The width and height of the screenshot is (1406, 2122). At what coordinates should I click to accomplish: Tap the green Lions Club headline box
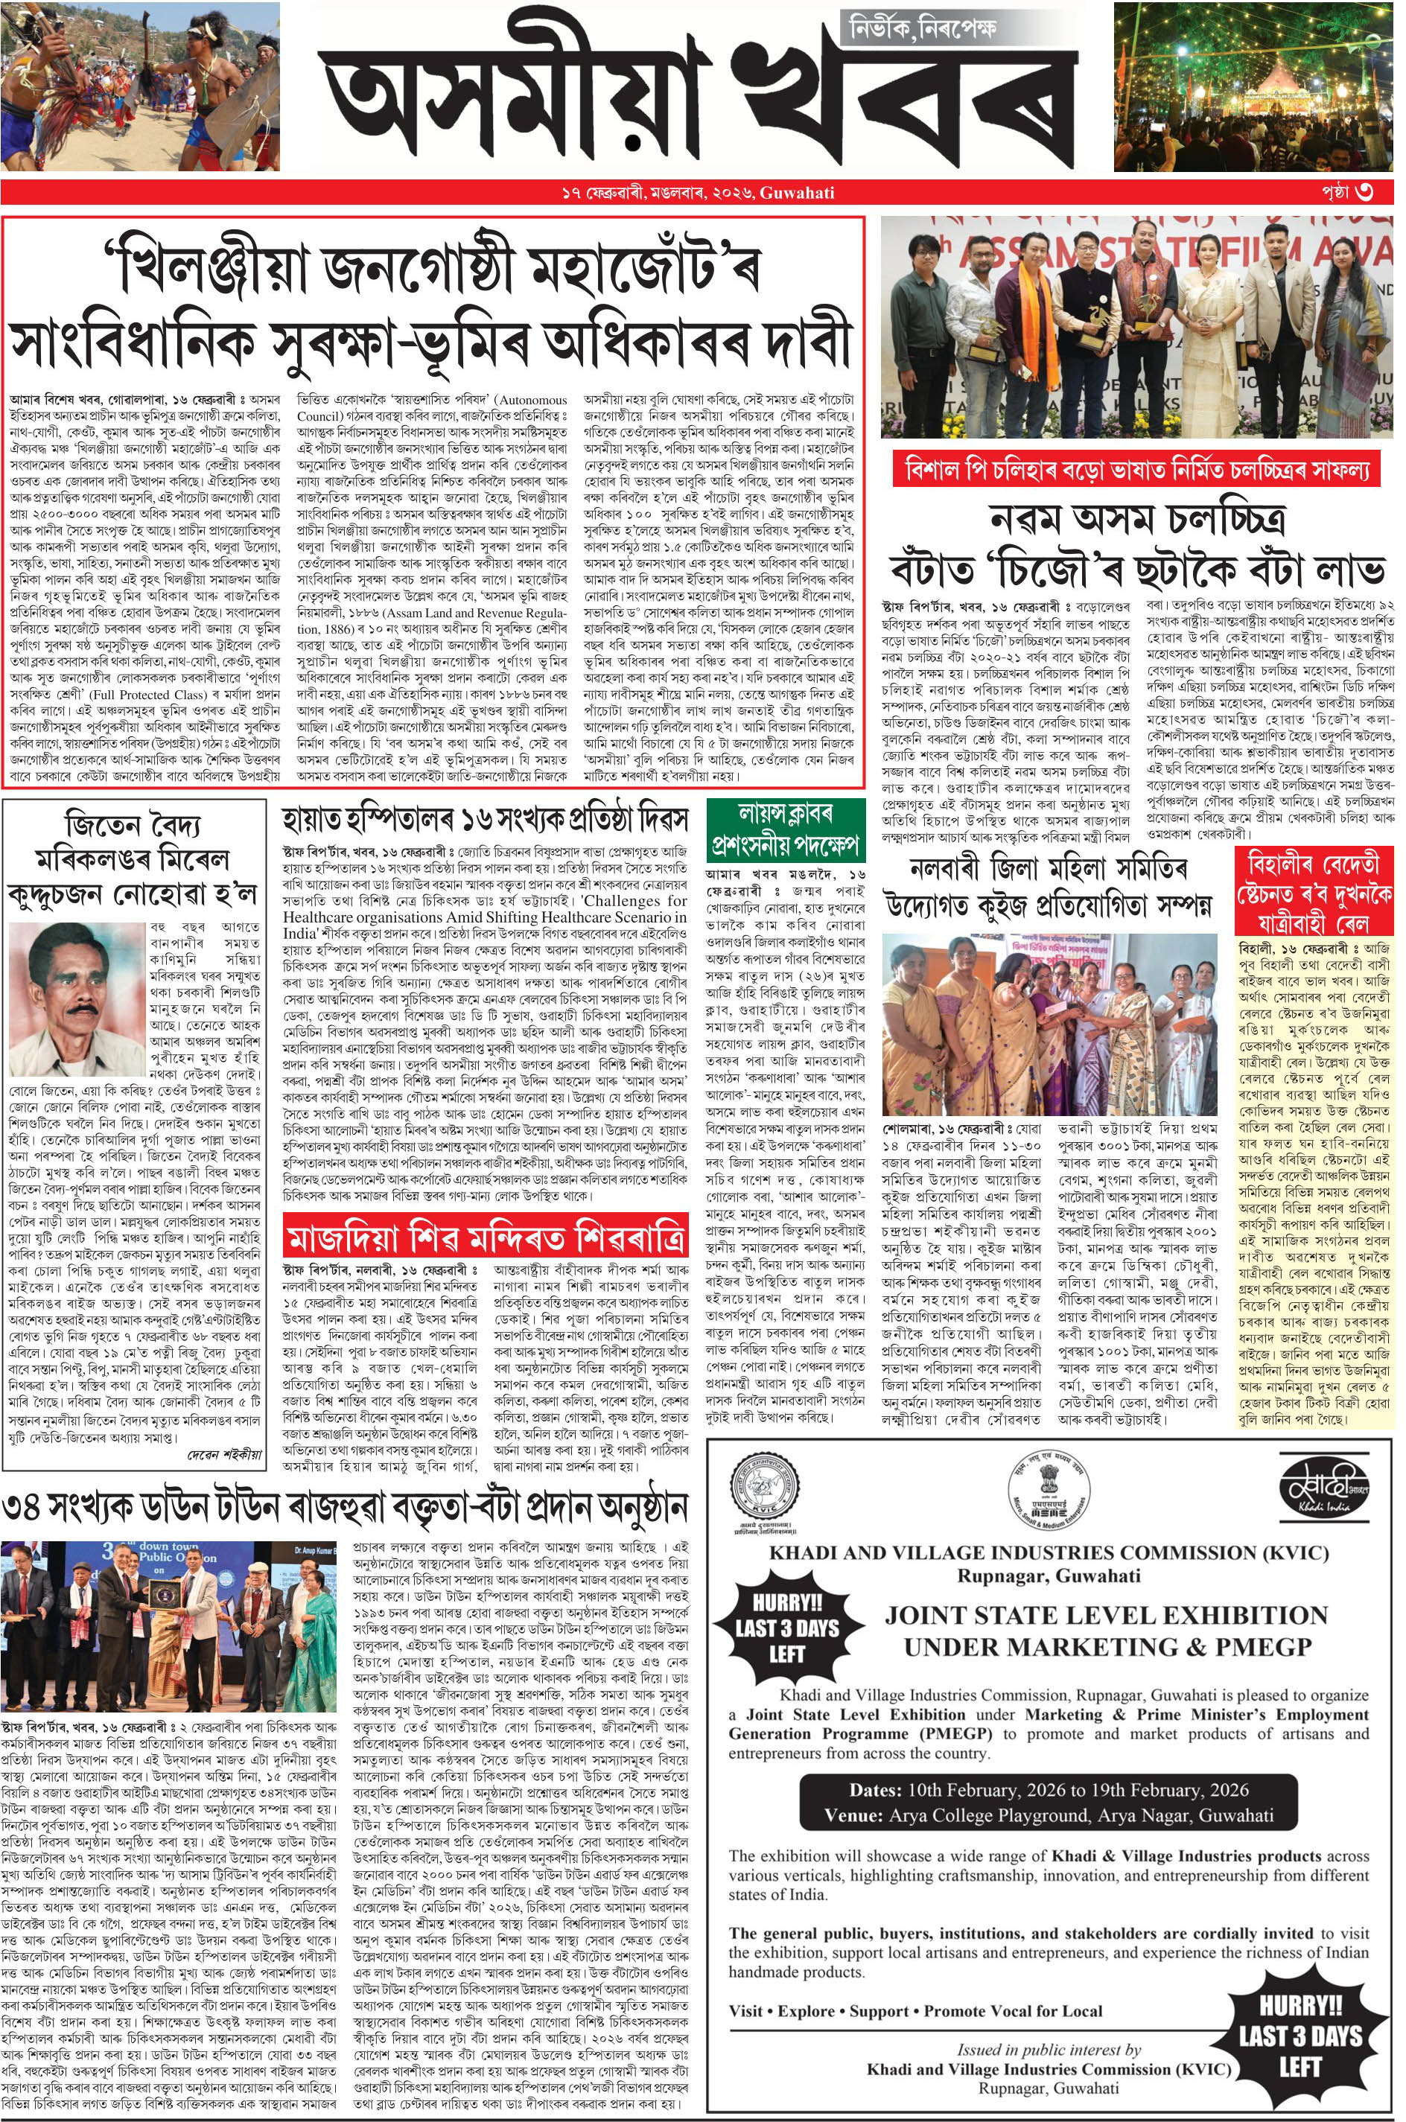(786, 830)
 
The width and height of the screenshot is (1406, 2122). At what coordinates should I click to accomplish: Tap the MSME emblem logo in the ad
(1044, 1488)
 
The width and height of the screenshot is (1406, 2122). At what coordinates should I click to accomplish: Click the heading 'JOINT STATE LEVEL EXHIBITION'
(1107, 1616)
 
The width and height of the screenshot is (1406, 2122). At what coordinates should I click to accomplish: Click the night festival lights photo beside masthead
(1253, 86)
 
